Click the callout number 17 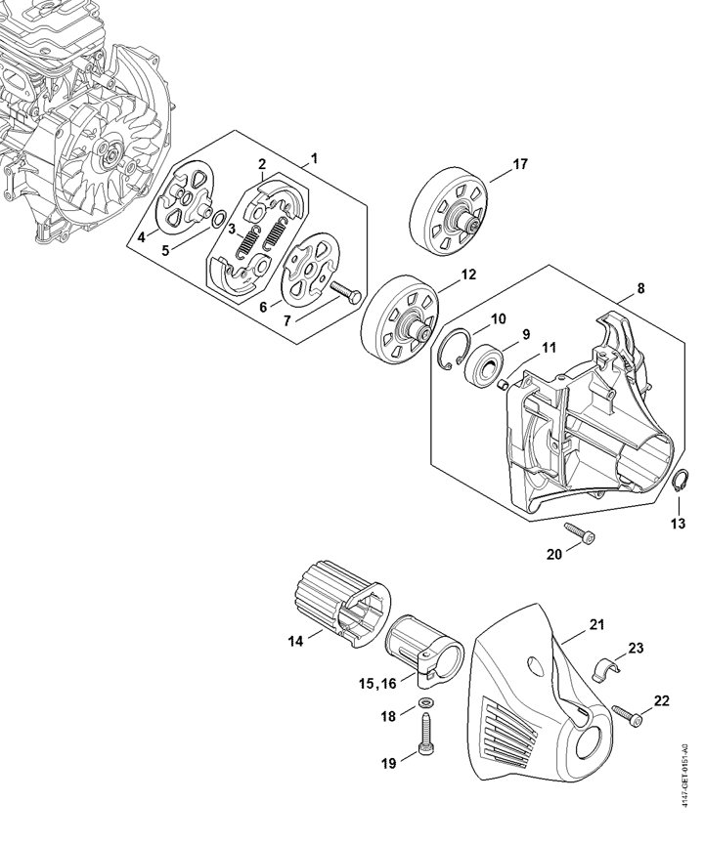tap(520, 164)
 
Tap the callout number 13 tap(679, 523)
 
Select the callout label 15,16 tap(377, 684)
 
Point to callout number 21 tap(596, 625)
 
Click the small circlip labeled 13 tap(677, 481)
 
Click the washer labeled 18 tap(427, 702)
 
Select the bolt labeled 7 tap(343, 292)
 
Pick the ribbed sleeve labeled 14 tap(342, 607)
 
